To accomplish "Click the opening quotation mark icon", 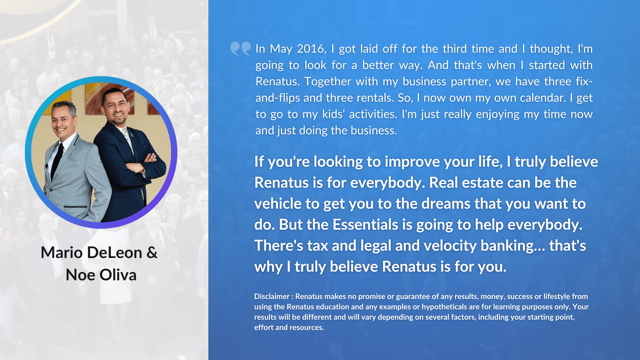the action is pos(240,48).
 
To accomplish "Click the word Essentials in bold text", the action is pos(365,224).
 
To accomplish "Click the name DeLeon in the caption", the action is pos(115,252).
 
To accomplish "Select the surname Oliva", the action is pos(118,275).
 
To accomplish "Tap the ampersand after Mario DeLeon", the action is pos(152,252).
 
